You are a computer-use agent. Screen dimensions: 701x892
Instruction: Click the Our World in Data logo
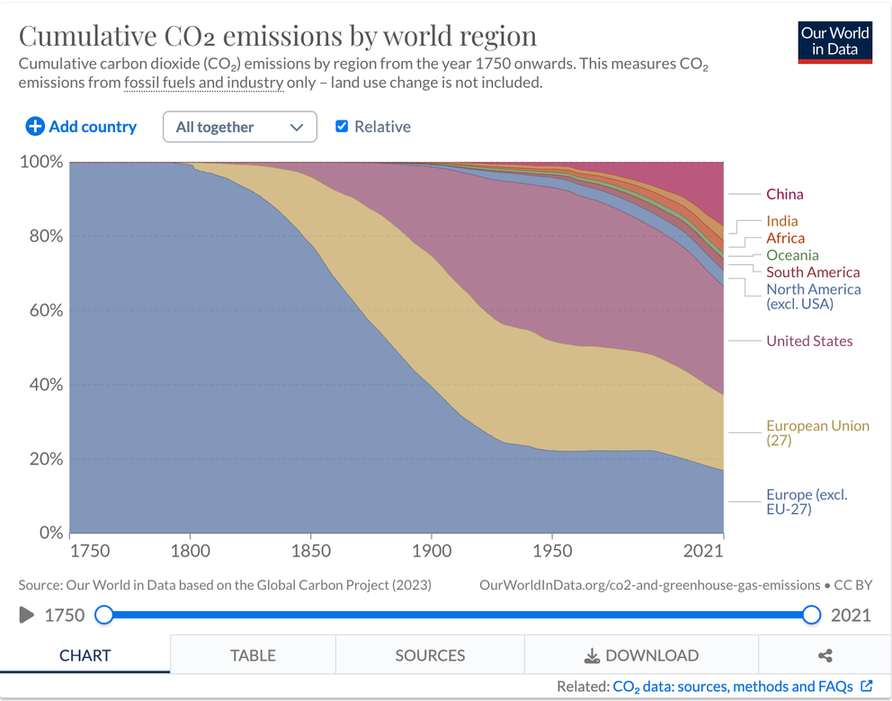tap(834, 41)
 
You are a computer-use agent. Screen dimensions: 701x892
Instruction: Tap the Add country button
tap(81, 127)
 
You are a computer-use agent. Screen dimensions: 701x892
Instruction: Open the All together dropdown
tap(239, 127)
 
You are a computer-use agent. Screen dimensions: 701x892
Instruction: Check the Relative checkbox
tap(342, 127)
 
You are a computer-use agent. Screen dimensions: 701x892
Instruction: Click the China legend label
tap(784, 194)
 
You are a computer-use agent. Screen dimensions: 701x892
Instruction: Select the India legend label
tap(781, 221)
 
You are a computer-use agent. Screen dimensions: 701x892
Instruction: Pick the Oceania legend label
tap(792, 255)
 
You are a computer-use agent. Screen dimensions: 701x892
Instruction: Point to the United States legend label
tap(809, 341)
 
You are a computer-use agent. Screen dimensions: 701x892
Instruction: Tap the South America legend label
tap(813, 272)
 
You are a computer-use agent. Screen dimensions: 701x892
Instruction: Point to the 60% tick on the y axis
tap(41, 311)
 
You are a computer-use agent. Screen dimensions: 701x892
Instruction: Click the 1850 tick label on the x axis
tap(310, 551)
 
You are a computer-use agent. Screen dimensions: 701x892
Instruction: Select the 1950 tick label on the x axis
tap(552, 551)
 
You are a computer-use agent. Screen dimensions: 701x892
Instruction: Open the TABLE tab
tap(253, 655)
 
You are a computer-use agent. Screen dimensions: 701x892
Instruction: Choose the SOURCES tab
tap(430, 655)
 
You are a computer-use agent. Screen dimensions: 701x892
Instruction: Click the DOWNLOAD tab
tap(641, 655)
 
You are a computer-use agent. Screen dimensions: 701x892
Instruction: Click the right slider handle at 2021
tap(812, 615)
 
